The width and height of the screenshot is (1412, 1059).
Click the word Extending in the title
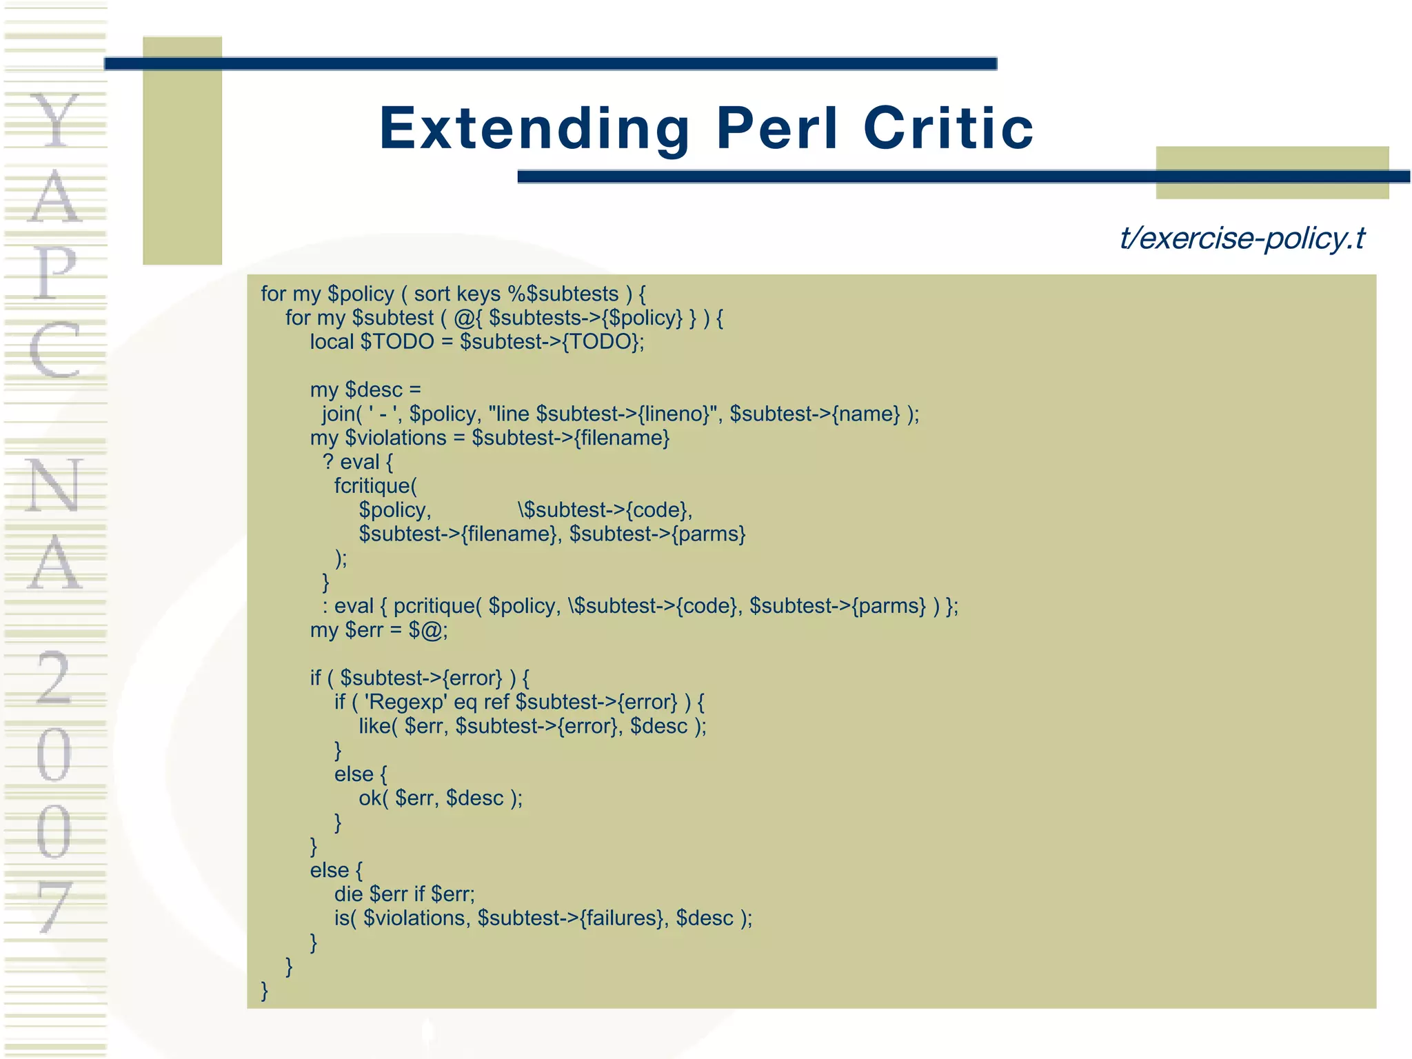pos(534,129)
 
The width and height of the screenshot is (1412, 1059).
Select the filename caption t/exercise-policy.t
pos(1242,239)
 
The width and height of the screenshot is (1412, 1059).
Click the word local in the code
pos(332,342)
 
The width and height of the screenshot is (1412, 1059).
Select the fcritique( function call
pos(376,486)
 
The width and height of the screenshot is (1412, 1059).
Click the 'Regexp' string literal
pos(405,702)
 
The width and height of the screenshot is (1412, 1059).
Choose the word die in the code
pos(348,894)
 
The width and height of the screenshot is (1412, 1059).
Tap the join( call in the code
pos(342,414)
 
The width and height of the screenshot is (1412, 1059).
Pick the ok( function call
pos(373,798)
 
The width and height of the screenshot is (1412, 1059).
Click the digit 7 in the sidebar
pos(54,907)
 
